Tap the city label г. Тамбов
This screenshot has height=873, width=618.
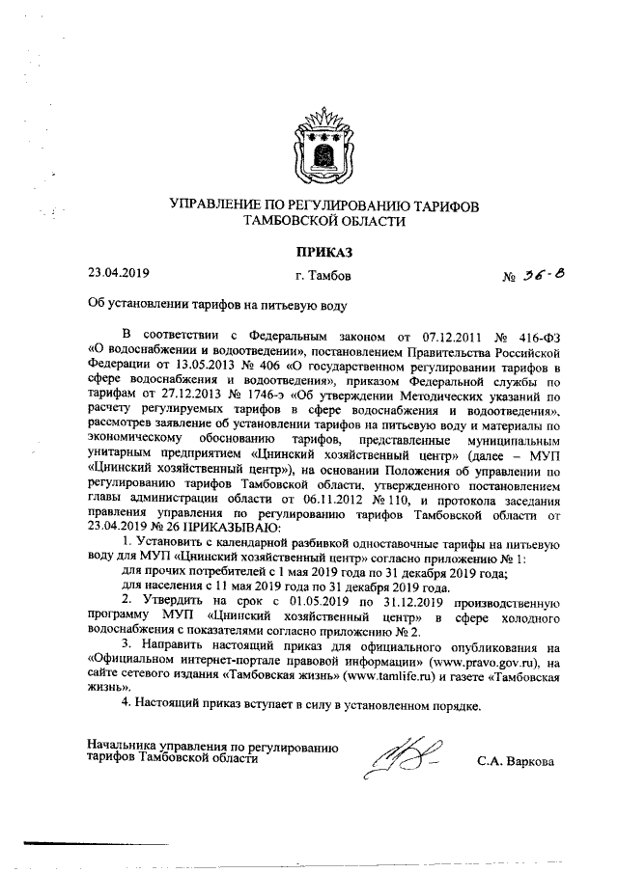pyautogui.click(x=311, y=277)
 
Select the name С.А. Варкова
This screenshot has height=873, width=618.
pyautogui.click(x=516, y=761)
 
